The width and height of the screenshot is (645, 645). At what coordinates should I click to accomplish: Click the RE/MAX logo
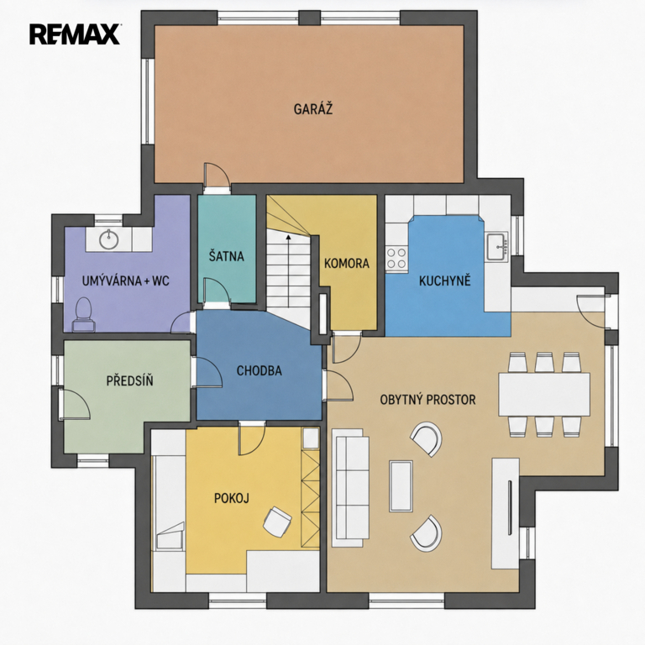click(75, 34)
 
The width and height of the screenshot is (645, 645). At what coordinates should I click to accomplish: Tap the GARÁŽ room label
click(313, 109)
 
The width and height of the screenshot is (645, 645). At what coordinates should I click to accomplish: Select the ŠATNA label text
click(226, 256)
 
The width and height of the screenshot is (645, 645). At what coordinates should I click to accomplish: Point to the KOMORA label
click(347, 263)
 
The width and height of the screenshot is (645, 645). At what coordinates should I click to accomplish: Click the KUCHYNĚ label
click(444, 281)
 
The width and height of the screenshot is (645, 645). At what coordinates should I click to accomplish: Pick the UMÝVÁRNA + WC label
click(125, 281)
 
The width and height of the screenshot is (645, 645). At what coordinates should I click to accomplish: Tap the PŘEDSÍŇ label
click(129, 380)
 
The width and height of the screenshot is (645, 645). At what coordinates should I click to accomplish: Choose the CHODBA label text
click(260, 370)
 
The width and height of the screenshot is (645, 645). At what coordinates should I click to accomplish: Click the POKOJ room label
click(232, 498)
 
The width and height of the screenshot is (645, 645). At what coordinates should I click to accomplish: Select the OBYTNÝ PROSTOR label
click(427, 400)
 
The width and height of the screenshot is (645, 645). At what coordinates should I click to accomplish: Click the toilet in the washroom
click(84, 315)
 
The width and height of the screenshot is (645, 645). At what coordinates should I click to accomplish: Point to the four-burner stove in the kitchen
click(396, 258)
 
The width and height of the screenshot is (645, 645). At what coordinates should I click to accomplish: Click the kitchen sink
click(497, 246)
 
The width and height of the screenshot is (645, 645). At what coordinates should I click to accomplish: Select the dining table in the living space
click(544, 394)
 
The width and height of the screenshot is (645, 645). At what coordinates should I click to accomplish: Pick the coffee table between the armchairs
click(401, 486)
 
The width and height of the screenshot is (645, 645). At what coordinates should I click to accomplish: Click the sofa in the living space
click(350, 487)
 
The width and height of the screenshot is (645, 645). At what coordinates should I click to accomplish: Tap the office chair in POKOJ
click(277, 522)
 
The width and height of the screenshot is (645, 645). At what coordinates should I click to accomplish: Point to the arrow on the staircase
click(288, 270)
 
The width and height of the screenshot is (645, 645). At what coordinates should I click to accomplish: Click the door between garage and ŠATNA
click(218, 178)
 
